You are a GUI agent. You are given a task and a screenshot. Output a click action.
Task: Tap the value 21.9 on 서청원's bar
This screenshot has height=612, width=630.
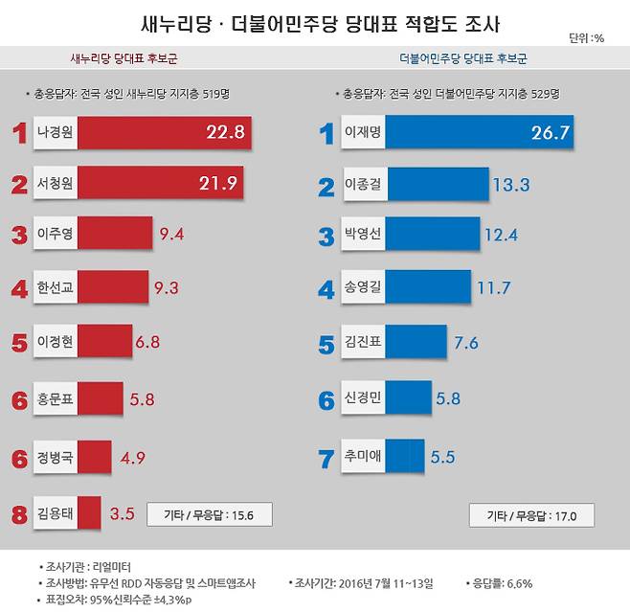(x=217, y=182)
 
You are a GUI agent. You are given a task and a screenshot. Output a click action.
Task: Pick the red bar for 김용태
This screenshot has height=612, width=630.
(x=88, y=512)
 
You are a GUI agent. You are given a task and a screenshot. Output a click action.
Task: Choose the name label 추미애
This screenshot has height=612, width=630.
(x=363, y=457)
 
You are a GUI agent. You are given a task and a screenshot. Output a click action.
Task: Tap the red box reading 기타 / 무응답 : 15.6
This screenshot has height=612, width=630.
(x=209, y=514)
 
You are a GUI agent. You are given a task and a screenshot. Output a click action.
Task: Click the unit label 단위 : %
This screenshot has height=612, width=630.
(x=586, y=38)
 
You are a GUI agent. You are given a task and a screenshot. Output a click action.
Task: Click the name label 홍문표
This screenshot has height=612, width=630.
(x=56, y=398)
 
